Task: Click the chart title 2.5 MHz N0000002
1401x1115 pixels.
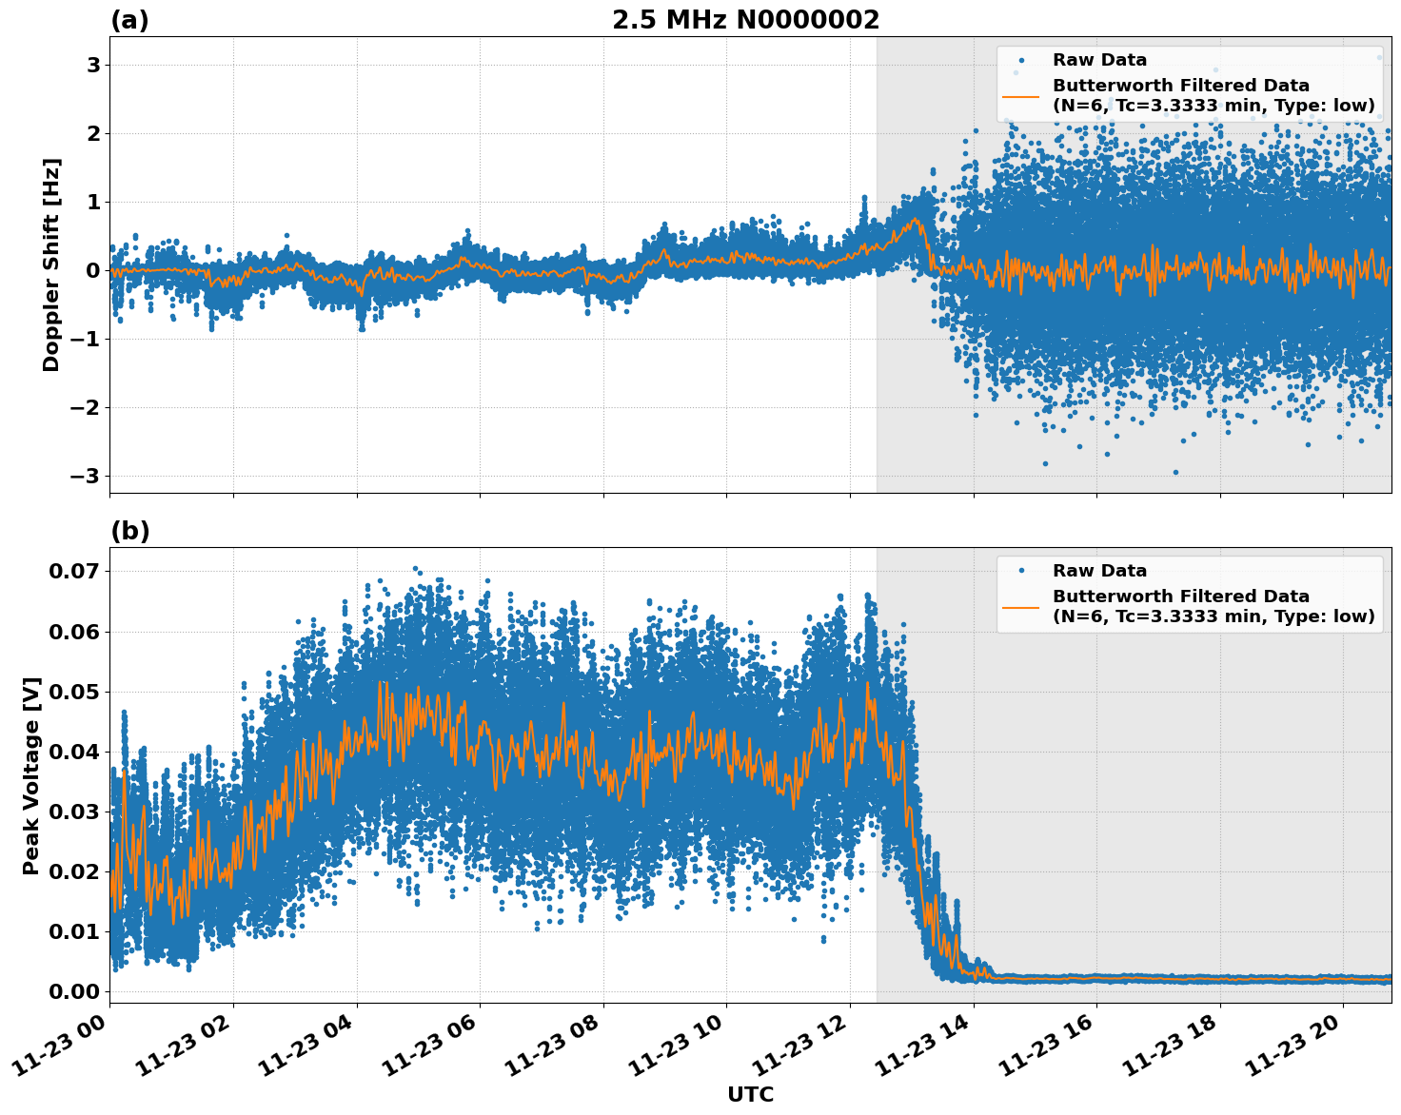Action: point(745,20)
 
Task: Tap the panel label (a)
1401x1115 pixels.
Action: point(129,20)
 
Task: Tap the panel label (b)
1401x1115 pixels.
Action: point(129,531)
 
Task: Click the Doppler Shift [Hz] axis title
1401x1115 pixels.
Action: point(51,264)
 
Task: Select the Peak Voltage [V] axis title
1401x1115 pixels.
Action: point(31,775)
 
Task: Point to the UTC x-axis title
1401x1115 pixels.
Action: point(750,1094)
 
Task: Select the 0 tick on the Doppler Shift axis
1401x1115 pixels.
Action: point(93,270)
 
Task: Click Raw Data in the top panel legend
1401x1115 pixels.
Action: point(1099,60)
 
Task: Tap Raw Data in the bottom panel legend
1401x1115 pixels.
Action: point(1099,571)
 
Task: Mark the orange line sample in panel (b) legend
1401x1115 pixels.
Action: point(1021,606)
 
